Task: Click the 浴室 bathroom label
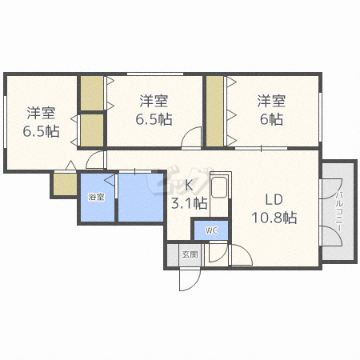(96, 197)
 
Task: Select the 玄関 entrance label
(189, 254)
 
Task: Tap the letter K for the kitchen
(190, 186)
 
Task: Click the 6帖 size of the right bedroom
(271, 119)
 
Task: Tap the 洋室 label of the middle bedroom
(154, 101)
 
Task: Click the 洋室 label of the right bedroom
(271, 101)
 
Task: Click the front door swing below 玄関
(190, 280)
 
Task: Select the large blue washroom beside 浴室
(141, 198)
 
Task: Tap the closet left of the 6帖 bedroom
(214, 111)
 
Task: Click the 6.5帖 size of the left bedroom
(41, 130)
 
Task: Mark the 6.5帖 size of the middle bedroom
(154, 119)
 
